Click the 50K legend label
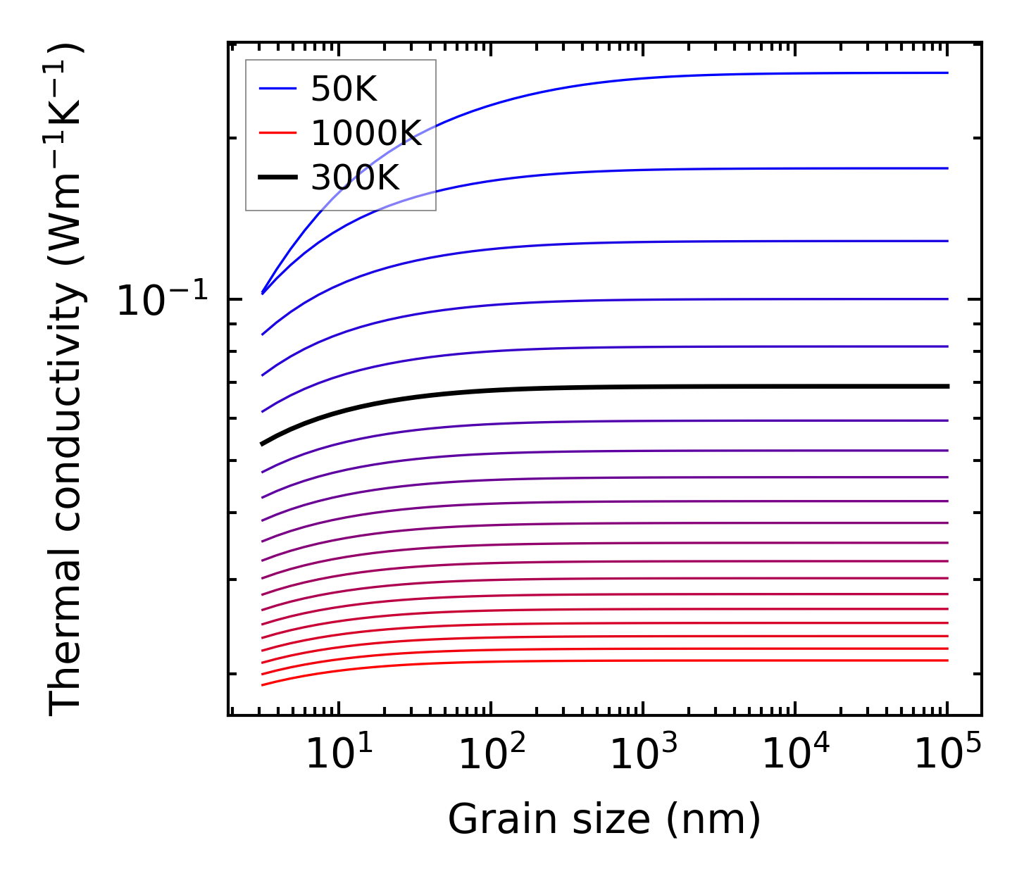click(344, 89)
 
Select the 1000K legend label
click(366, 133)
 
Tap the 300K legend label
click(355, 178)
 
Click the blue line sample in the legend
click(277, 89)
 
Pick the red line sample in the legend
click(277, 133)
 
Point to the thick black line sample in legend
click(277, 178)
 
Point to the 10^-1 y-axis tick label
click(163, 301)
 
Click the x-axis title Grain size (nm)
click(604, 820)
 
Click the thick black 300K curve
click(606, 387)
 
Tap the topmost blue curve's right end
click(947, 73)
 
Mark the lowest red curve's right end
click(947, 660)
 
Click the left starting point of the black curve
click(262, 444)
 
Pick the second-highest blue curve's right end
click(947, 168)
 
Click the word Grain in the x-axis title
click(491, 820)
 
